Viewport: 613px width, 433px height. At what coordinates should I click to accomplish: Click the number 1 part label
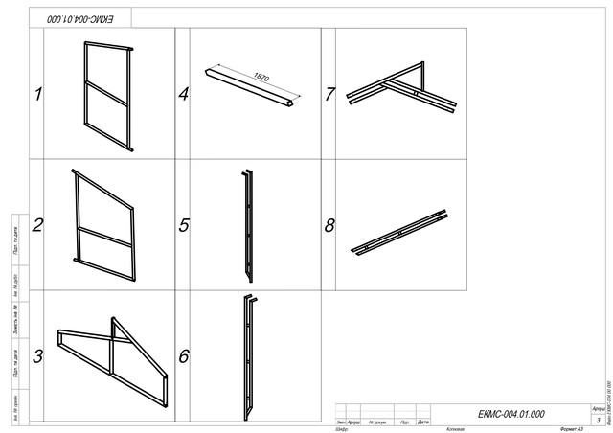(x=39, y=94)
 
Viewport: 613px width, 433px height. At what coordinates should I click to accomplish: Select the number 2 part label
(x=39, y=226)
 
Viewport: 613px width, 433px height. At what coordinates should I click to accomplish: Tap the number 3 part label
(x=39, y=357)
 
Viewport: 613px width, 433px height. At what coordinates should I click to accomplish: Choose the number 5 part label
(x=184, y=226)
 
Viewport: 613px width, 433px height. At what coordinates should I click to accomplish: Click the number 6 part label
(x=184, y=356)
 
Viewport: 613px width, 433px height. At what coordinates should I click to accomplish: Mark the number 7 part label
(x=329, y=94)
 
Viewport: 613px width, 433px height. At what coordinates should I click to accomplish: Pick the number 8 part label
(x=329, y=226)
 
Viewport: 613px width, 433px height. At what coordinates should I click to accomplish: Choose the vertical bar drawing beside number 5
(x=249, y=226)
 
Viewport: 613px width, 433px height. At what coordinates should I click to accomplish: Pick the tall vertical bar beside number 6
(x=249, y=356)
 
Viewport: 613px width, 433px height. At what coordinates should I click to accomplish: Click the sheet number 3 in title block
(x=598, y=420)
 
